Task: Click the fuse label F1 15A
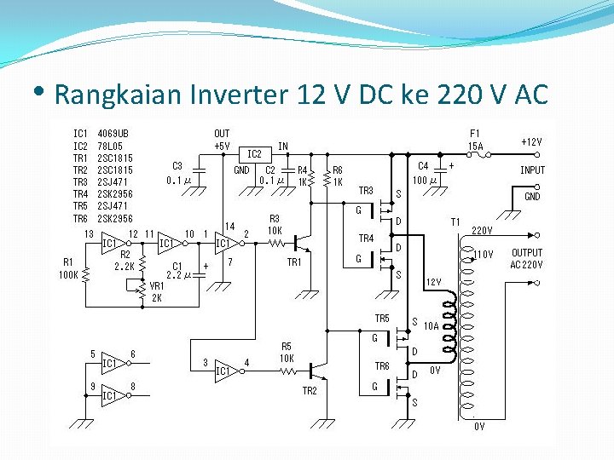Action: click(476, 140)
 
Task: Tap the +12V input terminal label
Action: click(531, 141)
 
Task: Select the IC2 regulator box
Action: click(253, 154)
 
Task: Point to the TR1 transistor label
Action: click(294, 262)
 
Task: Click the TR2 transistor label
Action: click(310, 391)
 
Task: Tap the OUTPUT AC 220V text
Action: click(527, 258)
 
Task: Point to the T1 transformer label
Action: click(455, 222)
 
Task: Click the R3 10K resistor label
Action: click(275, 224)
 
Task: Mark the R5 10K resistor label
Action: click(287, 352)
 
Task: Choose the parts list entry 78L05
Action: click(113, 146)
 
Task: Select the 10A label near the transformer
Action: click(432, 325)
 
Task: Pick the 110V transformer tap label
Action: click(484, 254)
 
